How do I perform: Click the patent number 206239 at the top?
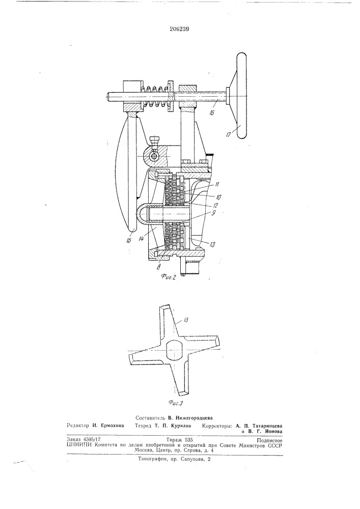179,29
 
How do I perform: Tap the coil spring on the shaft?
155,96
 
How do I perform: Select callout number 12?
215,205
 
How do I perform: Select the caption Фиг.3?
176,403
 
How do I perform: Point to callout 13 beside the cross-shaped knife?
186,320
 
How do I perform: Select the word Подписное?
269,440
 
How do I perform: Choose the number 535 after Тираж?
188,440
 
